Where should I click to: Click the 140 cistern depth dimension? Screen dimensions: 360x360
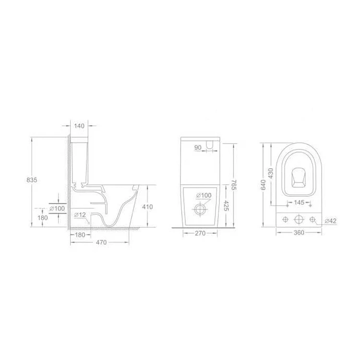tap(79, 126)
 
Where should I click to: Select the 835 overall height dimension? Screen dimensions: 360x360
tap(32, 180)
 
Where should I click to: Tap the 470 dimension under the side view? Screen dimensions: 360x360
tap(101, 242)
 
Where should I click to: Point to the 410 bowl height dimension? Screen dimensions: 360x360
tap(147, 207)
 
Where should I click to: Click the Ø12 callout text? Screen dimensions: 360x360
tap(80, 215)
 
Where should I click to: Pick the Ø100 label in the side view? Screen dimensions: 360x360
tap(58, 208)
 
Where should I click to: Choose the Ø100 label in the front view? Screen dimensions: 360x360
tap(204, 195)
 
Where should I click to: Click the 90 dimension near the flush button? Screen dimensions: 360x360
tap(198, 148)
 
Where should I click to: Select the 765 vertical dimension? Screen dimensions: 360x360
tap(233, 185)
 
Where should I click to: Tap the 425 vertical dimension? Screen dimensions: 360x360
tap(226, 206)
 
